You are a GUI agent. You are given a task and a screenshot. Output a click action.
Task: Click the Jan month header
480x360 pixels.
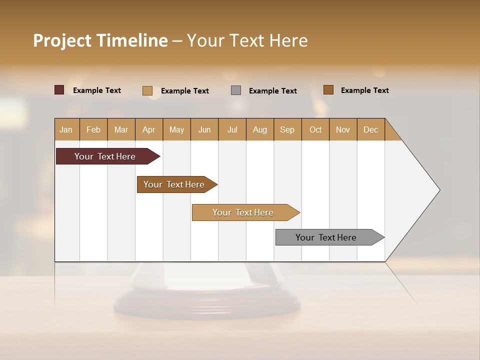(66, 129)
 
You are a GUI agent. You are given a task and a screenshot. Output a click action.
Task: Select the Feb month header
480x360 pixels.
(93, 129)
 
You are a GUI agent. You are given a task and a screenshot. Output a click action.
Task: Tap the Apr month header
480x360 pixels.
(149, 129)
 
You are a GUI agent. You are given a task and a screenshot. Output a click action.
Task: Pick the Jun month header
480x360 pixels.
(204, 129)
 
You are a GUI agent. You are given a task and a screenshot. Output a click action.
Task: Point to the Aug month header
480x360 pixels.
(260, 129)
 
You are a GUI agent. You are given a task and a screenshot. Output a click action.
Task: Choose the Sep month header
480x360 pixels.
(287, 129)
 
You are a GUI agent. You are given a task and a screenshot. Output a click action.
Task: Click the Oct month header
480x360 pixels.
(315, 129)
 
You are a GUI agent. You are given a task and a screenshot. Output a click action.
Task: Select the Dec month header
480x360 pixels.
(371, 129)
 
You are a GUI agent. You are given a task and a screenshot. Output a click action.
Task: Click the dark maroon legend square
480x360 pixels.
(59, 90)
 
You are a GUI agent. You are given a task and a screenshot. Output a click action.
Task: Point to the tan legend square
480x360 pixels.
(147, 90)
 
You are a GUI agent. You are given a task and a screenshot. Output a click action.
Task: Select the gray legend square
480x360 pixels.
(236, 90)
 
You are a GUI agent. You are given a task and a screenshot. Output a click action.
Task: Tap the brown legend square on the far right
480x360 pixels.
(328, 90)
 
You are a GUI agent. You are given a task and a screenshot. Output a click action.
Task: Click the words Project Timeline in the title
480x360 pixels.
(100, 40)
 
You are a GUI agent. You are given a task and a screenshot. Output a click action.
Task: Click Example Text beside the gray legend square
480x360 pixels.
(273, 91)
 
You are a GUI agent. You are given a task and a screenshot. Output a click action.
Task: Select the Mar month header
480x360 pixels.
(121, 129)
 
